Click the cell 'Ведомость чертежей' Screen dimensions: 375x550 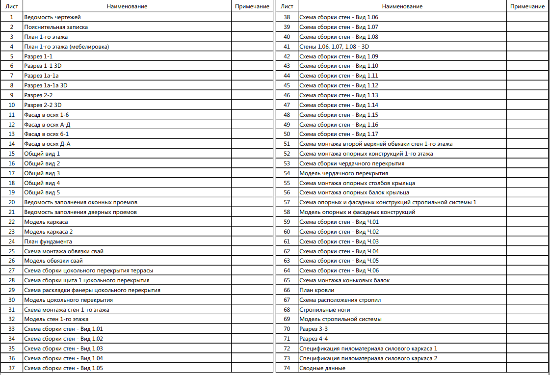pyautogui.click(x=49, y=17)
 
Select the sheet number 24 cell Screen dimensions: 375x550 pyautogui.click(x=12, y=241)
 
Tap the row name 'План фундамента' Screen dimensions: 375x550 pyautogui.click(x=48, y=241)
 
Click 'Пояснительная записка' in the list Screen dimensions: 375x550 pyautogui.click(x=56, y=27)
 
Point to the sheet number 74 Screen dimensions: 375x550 pyautogui.click(x=288, y=368)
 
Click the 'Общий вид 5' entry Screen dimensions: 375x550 pyautogui.click(x=42, y=192)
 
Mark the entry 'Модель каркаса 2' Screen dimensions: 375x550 pyautogui.click(x=49, y=232)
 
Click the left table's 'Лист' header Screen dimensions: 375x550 pyautogui.click(x=12, y=6)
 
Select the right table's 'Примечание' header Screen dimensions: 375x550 pyautogui.click(x=527, y=6)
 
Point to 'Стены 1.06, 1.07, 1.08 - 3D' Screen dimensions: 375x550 pyautogui.click(x=334, y=47)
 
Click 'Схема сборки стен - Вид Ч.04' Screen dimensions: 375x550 pyautogui.click(x=339, y=251)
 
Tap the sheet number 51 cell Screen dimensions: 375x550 pyautogui.click(x=288, y=144)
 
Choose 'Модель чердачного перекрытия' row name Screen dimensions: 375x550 pyautogui.click(x=343, y=173)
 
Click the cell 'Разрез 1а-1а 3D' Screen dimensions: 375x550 pyautogui.click(x=46, y=85)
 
